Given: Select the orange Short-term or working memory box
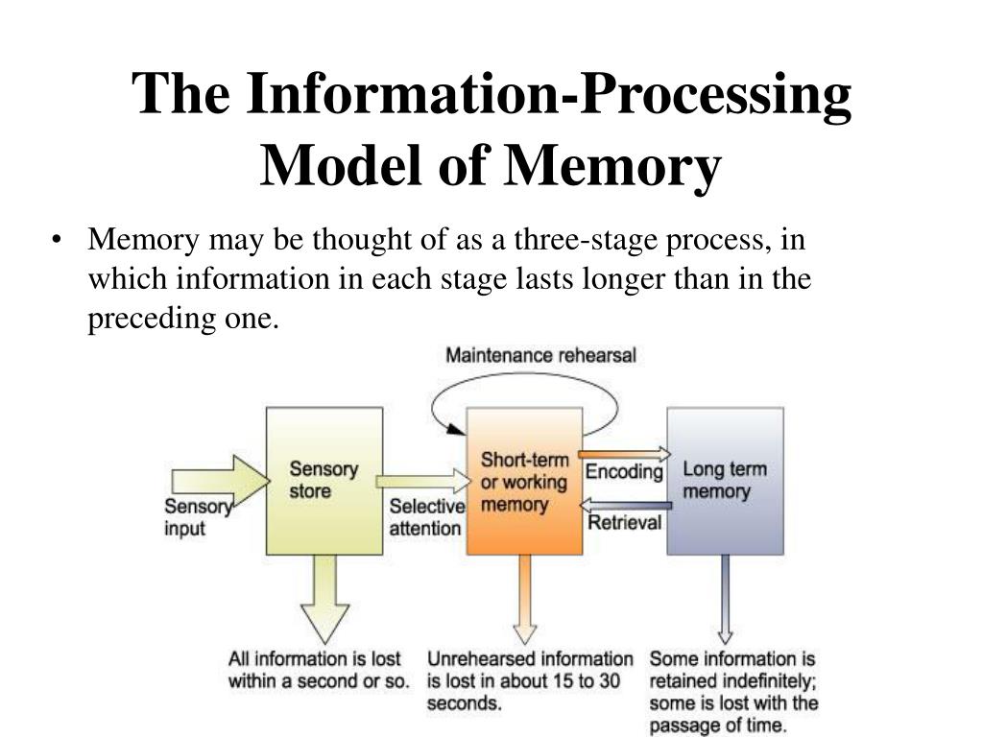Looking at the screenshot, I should click(x=524, y=480).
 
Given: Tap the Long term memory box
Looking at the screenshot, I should click(x=724, y=480).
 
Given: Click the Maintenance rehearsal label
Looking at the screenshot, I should click(x=540, y=356).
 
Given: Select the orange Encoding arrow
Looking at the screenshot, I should click(x=625, y=454).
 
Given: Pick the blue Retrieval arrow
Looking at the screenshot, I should click(x=625, y=507).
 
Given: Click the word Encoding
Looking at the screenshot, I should click(x=625, y=472).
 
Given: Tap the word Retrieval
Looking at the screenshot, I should click(x=625, y=523).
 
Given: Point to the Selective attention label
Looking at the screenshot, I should click(x=425, y=517).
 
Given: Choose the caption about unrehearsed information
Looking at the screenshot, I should click(x=530, y=680).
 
